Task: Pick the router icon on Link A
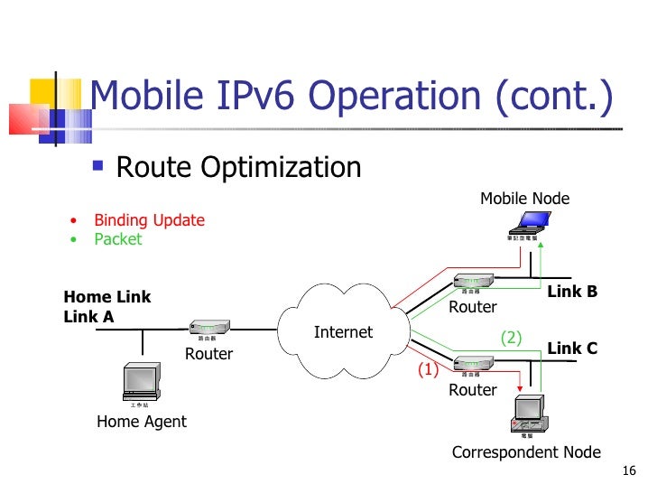point(209,330)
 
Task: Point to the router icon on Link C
point(472,364)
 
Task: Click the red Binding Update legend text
point(149,220)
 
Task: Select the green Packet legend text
point(118,239)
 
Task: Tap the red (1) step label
point(427,368)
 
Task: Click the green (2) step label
point(512,338)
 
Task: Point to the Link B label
point(572,292)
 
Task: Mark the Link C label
point(572,349)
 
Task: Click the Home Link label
point(107,297)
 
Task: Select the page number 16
point(629,471)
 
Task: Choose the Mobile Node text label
point(524,199)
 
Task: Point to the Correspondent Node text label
point(525,452)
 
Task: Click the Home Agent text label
point(142,421)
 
